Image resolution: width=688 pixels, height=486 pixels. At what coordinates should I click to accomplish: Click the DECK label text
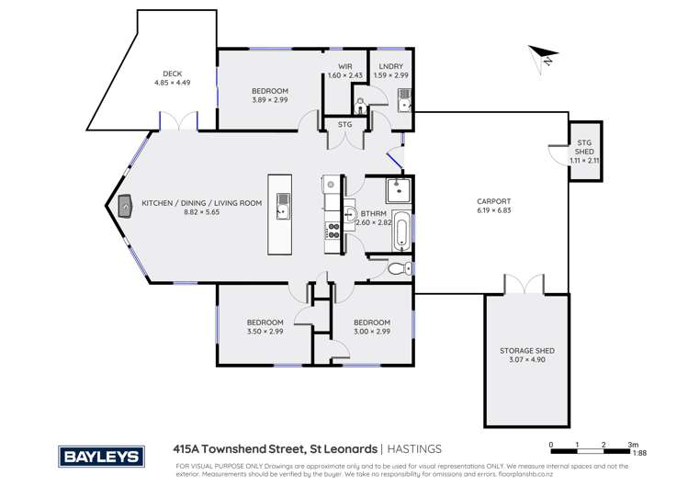coord(172,73)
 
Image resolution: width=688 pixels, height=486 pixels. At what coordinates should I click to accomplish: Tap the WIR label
coord(346,66)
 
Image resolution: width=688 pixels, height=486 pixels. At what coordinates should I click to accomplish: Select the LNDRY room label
coord(392,66)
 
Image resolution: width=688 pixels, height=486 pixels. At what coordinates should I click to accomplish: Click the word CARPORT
coord(493,201)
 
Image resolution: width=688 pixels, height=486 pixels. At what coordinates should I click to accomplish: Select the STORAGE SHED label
coord(526,351)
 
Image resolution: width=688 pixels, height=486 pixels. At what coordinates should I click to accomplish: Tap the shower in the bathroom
coord(398,190)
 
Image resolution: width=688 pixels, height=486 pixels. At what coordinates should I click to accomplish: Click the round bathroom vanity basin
coord(353,217)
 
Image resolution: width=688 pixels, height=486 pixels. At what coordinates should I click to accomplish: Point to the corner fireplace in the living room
coord(123,209)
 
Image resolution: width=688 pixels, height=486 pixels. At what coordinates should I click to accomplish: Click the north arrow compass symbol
coord(542,57)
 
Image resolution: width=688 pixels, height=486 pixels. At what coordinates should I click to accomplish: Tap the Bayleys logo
coord(101,456)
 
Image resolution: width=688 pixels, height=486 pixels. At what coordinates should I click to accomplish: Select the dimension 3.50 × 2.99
coord(265,332)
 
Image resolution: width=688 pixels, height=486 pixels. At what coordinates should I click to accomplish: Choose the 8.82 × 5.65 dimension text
coord(201,212)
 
